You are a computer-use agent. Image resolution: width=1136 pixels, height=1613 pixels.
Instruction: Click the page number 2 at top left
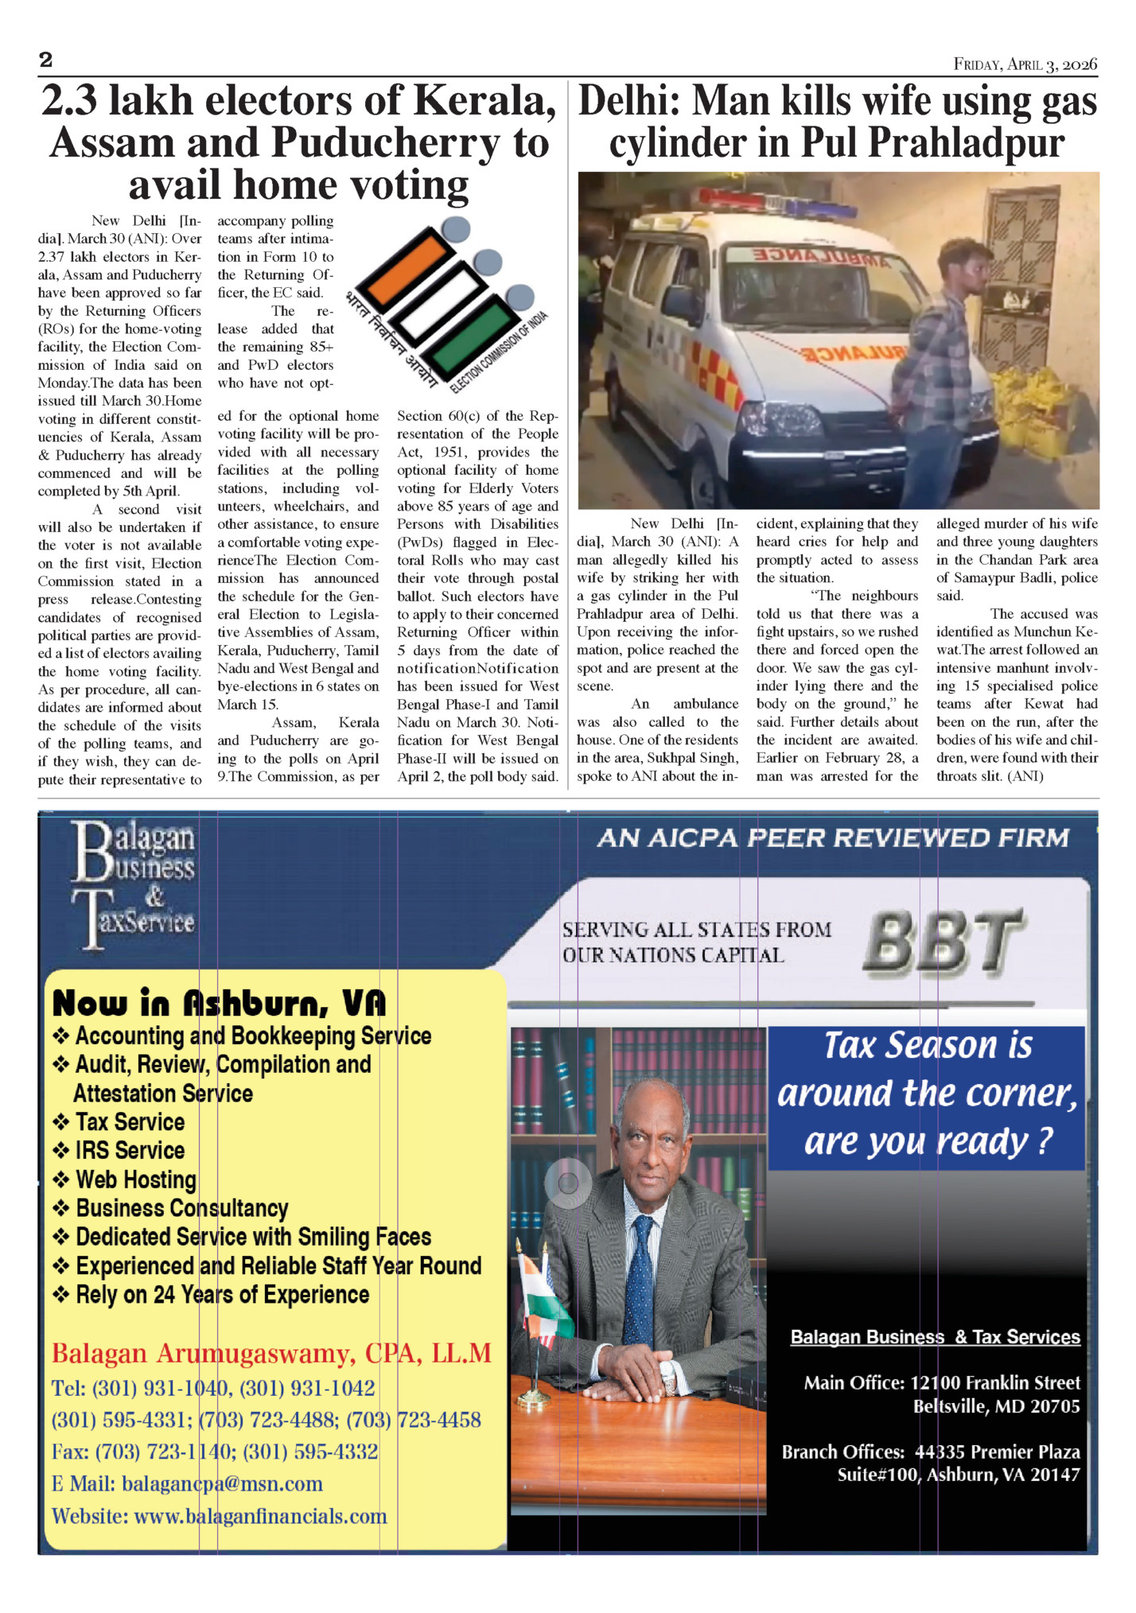tap(45, 60)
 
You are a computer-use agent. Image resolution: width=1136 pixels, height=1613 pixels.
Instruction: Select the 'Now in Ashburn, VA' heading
tap(219, 1004)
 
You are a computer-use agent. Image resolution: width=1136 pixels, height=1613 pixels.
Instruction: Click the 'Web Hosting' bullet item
tap(135, 1180)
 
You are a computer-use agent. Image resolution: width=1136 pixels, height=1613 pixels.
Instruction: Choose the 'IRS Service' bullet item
tap(130, 1150)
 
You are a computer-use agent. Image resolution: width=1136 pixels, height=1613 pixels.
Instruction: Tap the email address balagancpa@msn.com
tap(222, 1483)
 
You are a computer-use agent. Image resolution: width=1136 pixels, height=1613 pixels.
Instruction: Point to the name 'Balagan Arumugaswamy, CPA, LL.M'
tap(271, 1353)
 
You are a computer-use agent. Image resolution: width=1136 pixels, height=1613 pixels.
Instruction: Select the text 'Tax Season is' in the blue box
tap(928, 1045)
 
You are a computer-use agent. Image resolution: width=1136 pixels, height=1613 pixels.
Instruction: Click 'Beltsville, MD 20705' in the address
tap(996, 1406)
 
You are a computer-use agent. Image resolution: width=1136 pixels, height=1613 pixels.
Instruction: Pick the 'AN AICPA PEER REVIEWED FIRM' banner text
tap(833, 838)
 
